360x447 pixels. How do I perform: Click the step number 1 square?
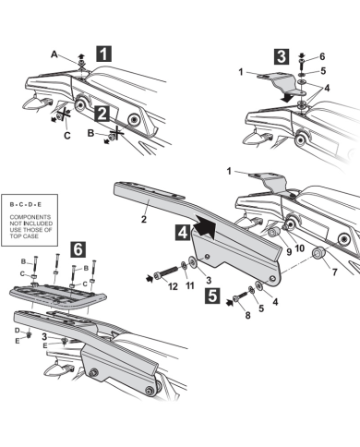103,54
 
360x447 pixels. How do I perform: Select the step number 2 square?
102,113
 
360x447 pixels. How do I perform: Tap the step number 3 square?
282,56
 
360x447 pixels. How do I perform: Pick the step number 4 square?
183,232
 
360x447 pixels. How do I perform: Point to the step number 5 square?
212,296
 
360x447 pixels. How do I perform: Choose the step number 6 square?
78,249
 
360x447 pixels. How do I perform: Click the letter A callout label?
54,54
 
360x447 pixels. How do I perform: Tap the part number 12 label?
173,286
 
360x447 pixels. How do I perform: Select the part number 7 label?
334,272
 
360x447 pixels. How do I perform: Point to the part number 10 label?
299,248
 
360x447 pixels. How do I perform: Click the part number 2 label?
144,220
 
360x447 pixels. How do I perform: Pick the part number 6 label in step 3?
322,56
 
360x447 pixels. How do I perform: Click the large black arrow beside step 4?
204,225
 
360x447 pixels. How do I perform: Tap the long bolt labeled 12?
166,272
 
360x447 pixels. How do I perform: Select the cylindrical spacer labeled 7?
318,253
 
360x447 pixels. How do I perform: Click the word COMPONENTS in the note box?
30,217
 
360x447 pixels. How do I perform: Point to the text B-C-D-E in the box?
26,204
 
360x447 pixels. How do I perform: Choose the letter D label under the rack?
18,331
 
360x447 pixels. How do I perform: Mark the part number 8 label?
247,315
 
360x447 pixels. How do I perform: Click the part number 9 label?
289,251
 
